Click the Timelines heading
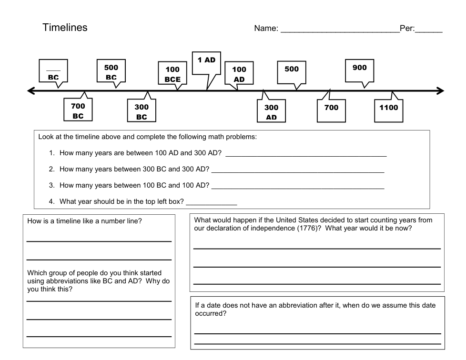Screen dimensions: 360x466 point(65,28)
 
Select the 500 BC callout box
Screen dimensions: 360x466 point(111,71)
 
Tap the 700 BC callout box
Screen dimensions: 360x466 point(78,110)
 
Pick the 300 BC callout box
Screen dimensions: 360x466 point(142,111)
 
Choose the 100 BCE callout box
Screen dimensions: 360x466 point(172,74)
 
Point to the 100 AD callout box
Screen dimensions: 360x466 point(239,74)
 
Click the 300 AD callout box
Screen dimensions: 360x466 point(271,111)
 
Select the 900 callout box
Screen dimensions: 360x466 point(360,70)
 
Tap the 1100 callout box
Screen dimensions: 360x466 point(388,110)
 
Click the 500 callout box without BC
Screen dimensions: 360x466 point(292,71)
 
